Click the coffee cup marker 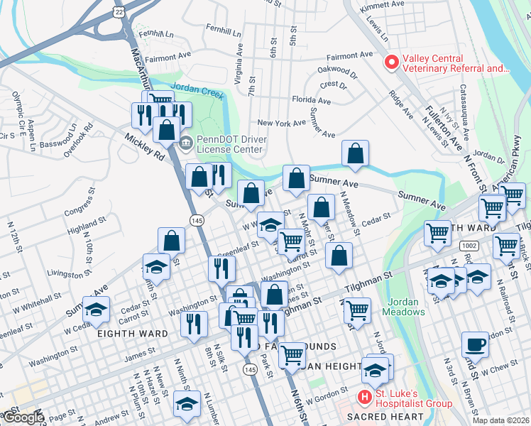click(475, 345)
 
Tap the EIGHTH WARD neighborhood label click(133, 334)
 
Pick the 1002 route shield click(469, 245)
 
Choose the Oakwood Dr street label click(337, 70)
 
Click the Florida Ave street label click(312, 101)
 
